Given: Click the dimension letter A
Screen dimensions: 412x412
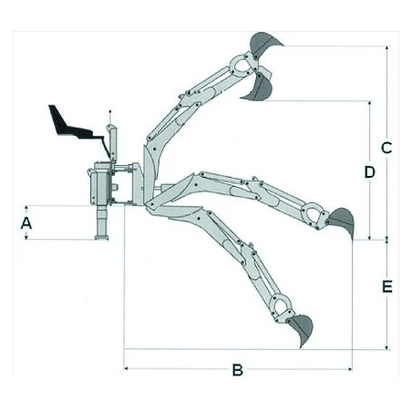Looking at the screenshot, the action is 26,223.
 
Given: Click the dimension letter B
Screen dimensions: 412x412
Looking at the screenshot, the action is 238,370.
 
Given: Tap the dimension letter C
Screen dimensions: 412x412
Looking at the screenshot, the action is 386,148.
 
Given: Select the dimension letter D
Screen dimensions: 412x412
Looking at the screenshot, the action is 369,172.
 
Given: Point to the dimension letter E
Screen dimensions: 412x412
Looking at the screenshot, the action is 387,287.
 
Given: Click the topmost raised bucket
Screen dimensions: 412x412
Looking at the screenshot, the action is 263,44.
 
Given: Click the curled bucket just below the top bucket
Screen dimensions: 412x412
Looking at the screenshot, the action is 258,88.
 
